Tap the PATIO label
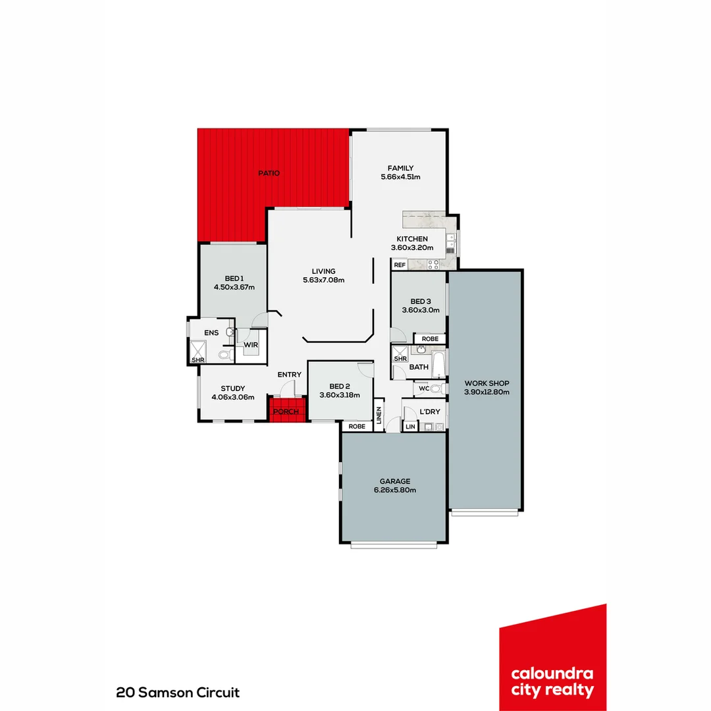[268, 173]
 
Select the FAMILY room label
[400, 169]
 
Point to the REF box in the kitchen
[400, 265]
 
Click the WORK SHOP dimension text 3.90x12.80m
[487, 392]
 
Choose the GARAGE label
[394, 481]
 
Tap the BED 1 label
[233, 278]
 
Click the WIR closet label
[251, 345]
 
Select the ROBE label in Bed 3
[429, 339]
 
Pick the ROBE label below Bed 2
[357, 427]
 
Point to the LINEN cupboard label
[379, 415]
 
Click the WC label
[424, 389]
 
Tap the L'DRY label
[429, 412]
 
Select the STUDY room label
[232, 388]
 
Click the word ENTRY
[289, 375]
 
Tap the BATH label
[419, 367]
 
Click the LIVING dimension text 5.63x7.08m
[323, 280]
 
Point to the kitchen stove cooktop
[433, 265]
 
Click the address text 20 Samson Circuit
[178, 693]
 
